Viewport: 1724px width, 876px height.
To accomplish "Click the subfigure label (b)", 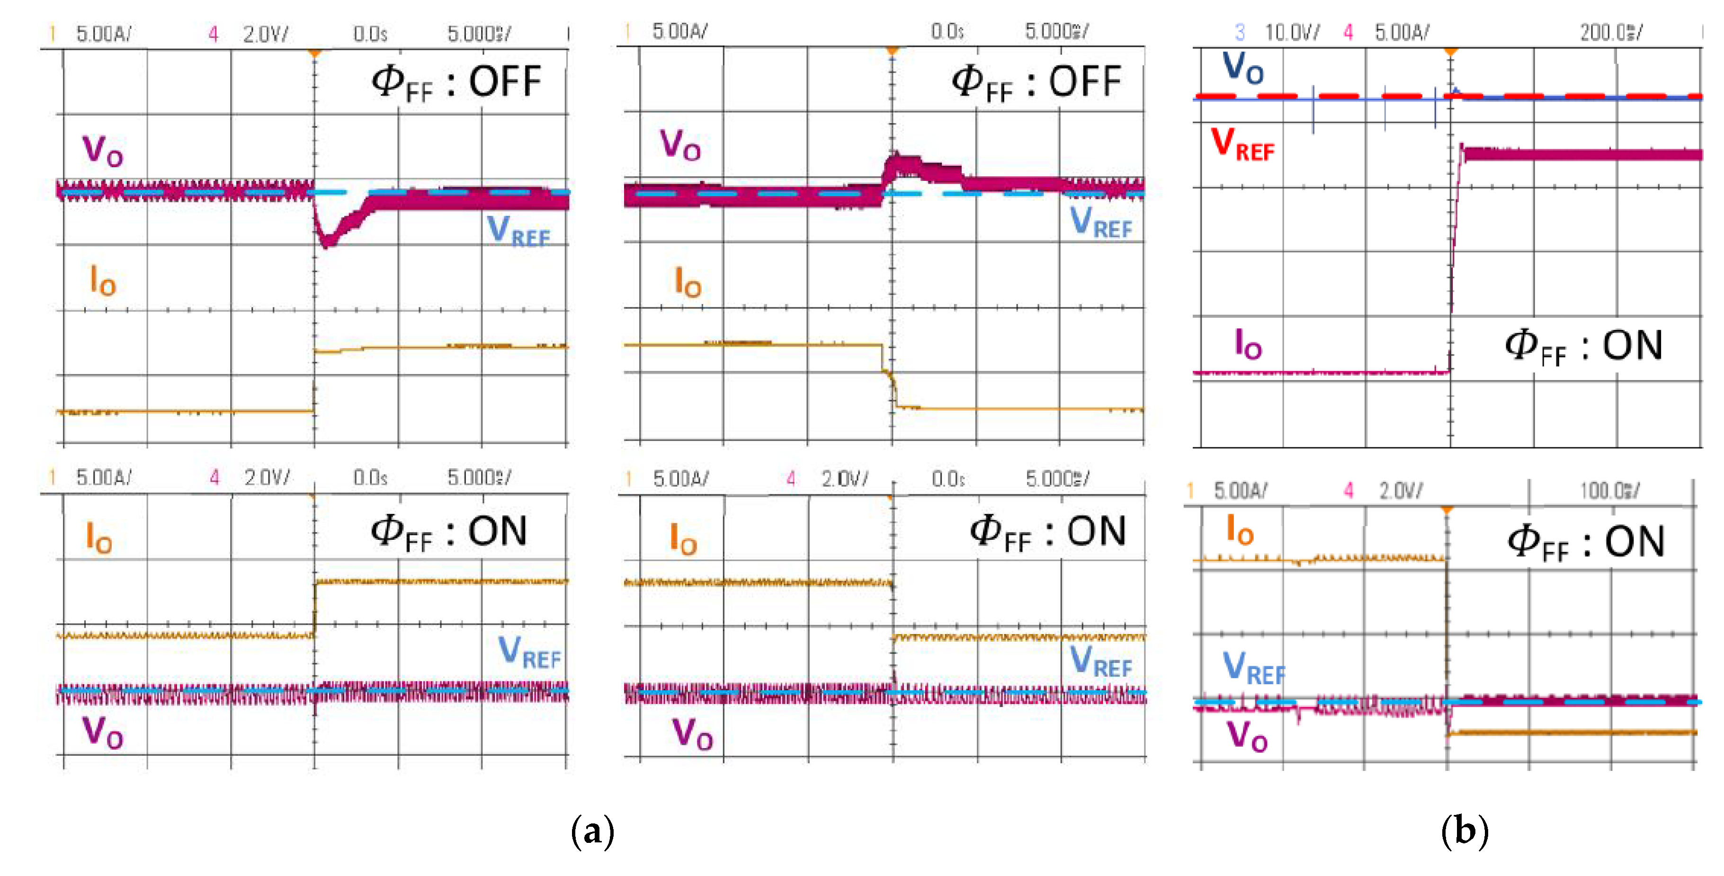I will [x=1465, y=832].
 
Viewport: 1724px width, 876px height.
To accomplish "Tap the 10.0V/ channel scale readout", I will [x=1291, y=32].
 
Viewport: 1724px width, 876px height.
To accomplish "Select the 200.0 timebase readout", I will [x=1609, y=32].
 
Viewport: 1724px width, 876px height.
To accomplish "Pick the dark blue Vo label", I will [x=1242, y=68].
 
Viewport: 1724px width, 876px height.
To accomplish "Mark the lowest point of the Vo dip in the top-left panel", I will [x=326, y=245].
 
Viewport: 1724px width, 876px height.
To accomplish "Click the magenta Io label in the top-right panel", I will [x=1248, y=345].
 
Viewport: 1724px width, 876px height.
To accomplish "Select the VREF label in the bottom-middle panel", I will [x=1101, y=661].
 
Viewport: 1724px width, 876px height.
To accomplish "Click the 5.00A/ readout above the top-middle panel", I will [x=679, y=31].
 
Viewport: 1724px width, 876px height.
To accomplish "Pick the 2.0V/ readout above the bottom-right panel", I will [x=1400, y=491].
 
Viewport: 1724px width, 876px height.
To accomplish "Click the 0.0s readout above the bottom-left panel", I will [x=370, y=478].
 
